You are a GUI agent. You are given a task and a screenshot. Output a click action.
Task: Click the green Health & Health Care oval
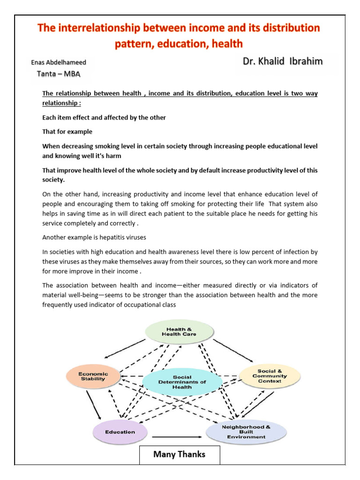(x=179, y=331)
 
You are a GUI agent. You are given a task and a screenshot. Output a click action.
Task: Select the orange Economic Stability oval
(x=93, y=376)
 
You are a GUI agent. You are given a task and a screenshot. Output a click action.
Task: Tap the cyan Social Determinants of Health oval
(x=182, y=382)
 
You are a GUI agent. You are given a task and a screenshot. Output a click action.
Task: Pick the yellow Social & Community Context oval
(x=270, y=375)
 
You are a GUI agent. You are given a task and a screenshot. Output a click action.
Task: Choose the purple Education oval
(x=120, y=432)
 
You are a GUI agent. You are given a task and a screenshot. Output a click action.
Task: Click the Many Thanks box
(x=180, y=455)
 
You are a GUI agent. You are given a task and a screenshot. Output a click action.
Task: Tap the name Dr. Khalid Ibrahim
(x=282, y=61)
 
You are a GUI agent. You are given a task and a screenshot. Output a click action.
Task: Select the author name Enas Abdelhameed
(x=59, y=62)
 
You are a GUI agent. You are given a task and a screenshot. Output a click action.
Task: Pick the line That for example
(x=67, y=131)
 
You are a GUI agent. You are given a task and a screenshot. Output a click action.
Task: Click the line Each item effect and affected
(x=104, y=118)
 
